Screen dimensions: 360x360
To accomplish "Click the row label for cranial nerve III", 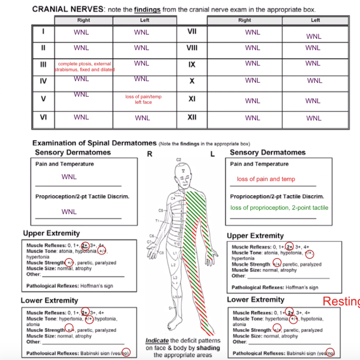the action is [43, 65].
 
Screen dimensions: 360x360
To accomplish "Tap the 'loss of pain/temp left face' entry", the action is [143, 99].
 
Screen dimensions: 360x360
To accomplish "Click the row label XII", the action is [192, 117].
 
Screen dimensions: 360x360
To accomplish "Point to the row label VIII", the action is [192, 48].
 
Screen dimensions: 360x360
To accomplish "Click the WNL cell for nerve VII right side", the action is [253, 32].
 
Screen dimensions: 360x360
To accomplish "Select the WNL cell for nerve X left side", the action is [315, 81].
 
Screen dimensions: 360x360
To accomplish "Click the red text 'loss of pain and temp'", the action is [266, 179].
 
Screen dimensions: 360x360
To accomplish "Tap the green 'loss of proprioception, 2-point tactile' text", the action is [279, 208].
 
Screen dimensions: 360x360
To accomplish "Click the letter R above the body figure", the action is [150, 154].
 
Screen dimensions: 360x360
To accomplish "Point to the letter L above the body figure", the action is [212, 154].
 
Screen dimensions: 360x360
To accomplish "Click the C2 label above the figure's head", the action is [179, 160].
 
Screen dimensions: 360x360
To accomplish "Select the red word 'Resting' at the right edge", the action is [341, 301].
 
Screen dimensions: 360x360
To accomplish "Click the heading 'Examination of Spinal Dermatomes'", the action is [95, 143].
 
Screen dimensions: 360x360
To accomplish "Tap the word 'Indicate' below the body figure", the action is [157, 341].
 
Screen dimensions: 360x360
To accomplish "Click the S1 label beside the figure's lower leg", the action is [171, 308].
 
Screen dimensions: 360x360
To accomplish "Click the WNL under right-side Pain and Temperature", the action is [69, 177].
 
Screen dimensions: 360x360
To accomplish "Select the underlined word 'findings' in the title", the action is [147, 10].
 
